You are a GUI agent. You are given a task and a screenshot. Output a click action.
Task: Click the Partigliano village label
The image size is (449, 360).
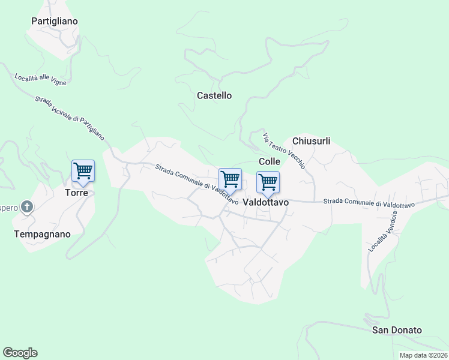pyautogui.click(x=55, y=21)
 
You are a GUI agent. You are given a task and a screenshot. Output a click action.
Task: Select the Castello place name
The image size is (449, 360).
pyautogui.click(x=214, y=95)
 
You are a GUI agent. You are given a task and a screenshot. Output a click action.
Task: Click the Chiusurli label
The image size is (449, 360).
pyautogui.click(x=311, y=141)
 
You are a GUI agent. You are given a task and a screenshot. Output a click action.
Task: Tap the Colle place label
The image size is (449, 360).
pyautogui.click(x=270, y=161)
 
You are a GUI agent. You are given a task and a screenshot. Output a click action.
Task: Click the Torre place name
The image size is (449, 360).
pyautogui.click(x=76, y=193)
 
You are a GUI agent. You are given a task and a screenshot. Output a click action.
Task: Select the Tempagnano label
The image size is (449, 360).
pyautogui.click(x=42, y=234)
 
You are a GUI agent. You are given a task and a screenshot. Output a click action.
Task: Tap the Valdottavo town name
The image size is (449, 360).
pyautogui.click(x=266, y=203)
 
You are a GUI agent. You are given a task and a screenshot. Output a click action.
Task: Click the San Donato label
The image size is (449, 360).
pyautogui.click(x=397, y=330)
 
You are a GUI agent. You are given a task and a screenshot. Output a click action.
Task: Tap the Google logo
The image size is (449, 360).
pyautogui.click(x=20, y=353)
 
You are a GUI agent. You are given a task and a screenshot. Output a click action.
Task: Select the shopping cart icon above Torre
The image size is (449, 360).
pyautogui.click(x=83, y=171)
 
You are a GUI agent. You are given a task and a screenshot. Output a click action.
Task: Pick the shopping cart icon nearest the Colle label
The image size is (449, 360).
pyautogui.click(x=268, y=181)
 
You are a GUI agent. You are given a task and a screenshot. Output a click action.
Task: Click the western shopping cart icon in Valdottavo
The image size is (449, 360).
pyautogui.click(x=230, y=179)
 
